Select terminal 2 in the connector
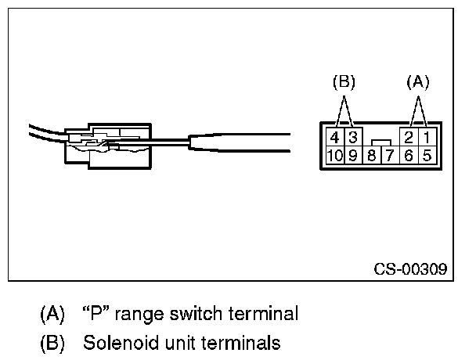408,137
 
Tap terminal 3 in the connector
353,137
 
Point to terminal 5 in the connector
427,155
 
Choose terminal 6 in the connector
409,155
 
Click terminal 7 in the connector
390,155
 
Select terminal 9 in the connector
354,155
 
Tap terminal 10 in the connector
335,155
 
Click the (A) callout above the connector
417,81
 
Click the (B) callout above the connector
344,81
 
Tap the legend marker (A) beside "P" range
53,315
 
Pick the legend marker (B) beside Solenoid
53,342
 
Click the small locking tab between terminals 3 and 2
381,142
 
